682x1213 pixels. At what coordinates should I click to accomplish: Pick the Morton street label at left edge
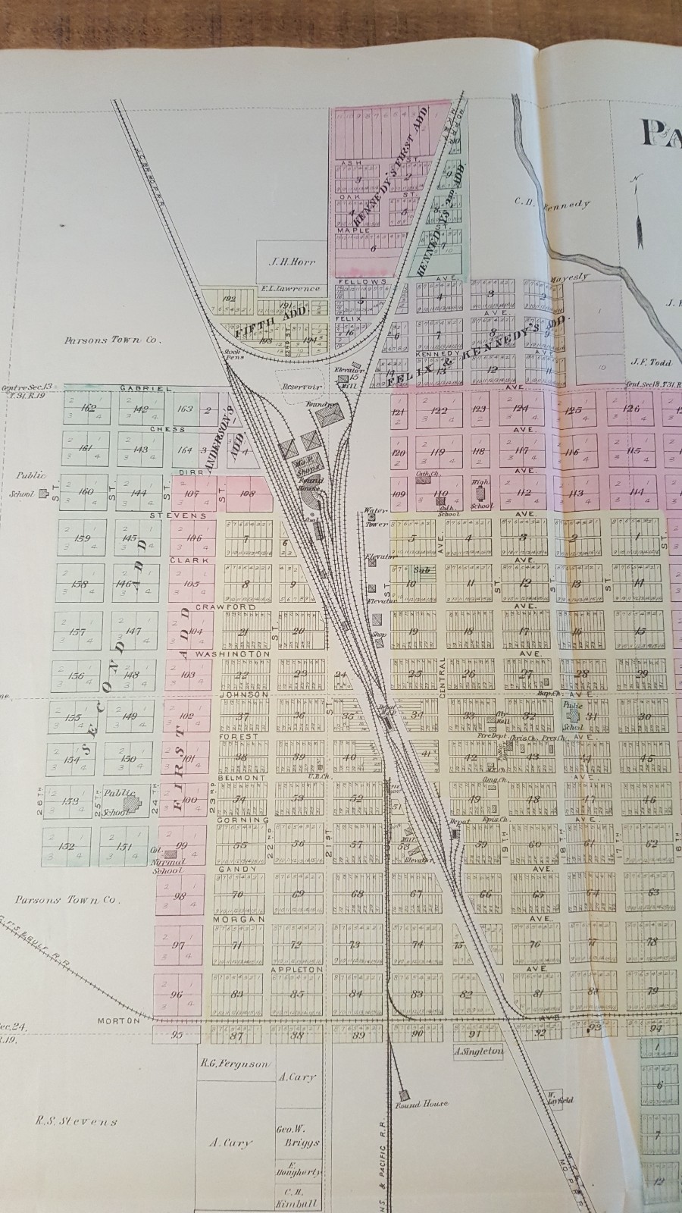pos(119,1020)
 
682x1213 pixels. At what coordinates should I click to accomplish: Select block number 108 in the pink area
pos(246,494)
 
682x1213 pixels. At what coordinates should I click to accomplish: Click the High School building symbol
pos(479,499)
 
